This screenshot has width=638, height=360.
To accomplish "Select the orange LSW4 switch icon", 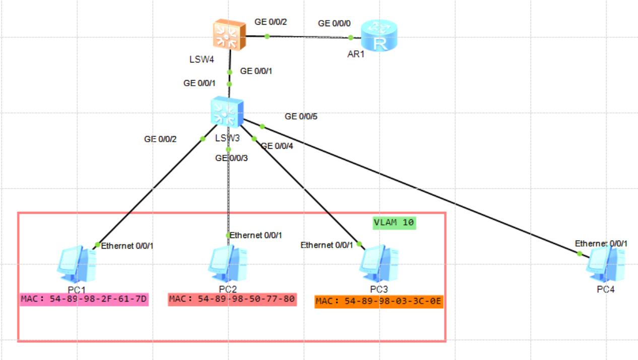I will coord(229,35).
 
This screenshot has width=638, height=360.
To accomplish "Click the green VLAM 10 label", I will coord(394,222).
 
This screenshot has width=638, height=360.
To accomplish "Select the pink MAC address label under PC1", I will coord(84,299).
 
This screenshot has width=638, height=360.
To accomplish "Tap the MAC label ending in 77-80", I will coord(232,299).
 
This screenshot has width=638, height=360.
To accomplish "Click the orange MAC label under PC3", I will coord(378,302).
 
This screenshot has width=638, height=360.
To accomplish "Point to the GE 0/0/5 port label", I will coord(301,116).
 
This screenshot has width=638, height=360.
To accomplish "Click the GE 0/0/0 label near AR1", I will coord(334,23).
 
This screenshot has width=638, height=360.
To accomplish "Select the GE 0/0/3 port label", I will coord(231,158).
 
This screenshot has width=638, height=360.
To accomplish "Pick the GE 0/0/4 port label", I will coord(277,146).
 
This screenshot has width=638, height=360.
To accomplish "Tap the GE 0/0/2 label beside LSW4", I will coord(271,22).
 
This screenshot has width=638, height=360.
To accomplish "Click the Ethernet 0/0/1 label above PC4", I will coord(601,244).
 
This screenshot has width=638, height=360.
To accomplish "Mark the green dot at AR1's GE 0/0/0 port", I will coord(351,37).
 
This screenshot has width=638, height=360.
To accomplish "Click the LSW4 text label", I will coord(202,59).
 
